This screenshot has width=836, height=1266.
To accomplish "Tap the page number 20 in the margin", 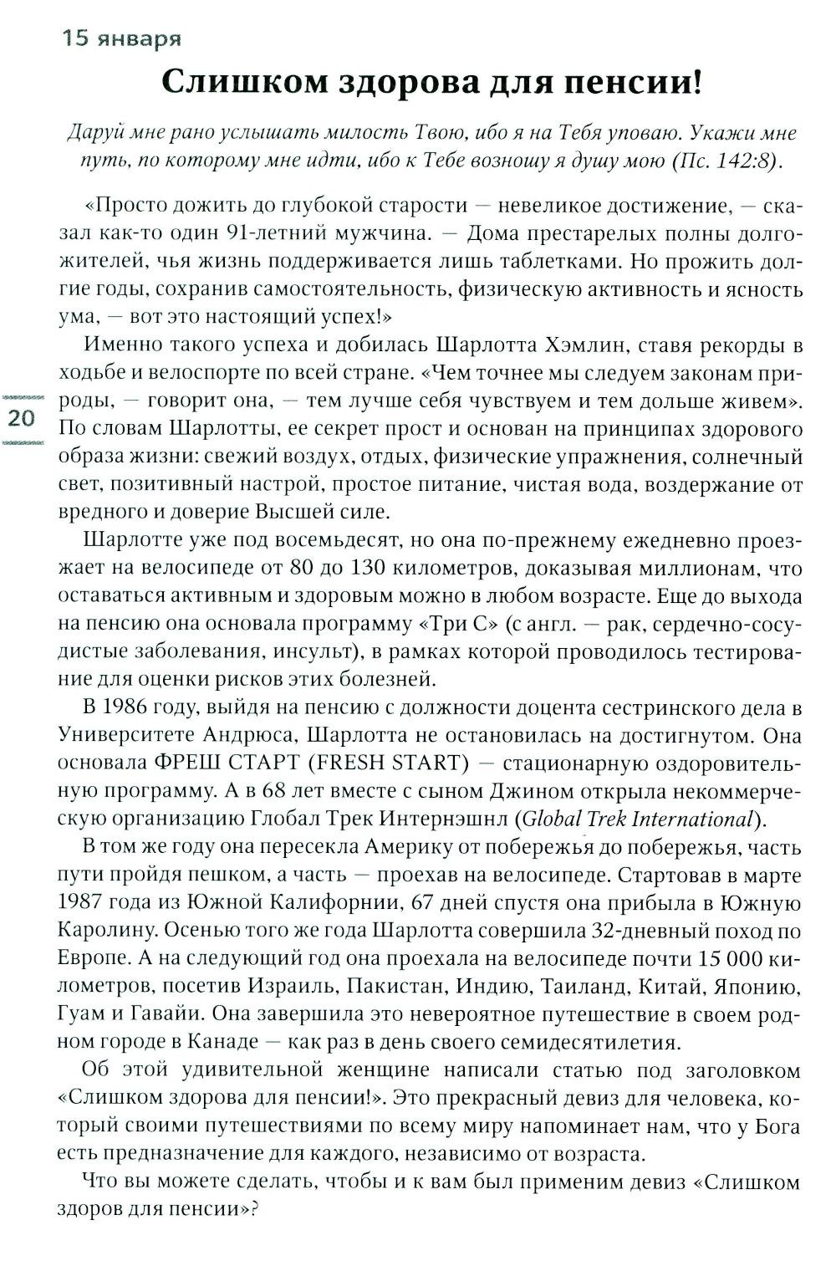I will [x=20, y=418].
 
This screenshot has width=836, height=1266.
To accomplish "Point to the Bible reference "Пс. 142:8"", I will [x=722, y=161].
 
